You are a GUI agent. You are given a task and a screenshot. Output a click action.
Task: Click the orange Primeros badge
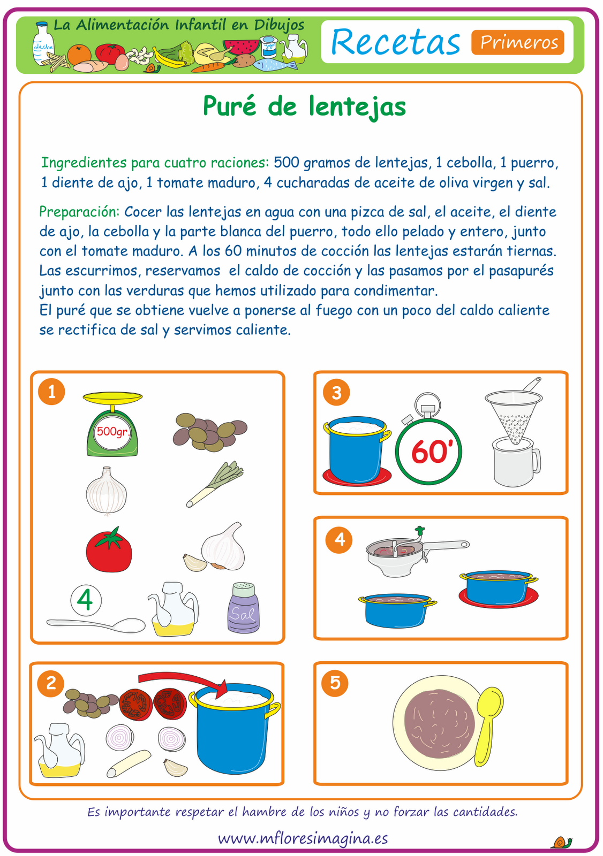coord(518,42)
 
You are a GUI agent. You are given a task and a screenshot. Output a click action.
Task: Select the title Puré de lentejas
coord(304,106)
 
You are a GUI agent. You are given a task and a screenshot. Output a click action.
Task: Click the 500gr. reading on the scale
coord(112,432)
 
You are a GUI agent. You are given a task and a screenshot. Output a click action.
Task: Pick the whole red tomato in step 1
coord(109,549)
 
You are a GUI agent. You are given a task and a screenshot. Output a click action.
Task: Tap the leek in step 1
coord(214,484)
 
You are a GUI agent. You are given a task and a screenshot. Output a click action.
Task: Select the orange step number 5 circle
coord(335,683)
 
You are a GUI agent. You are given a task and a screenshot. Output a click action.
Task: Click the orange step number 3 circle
coord(336,393)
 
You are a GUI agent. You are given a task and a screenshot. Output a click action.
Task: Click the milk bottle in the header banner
coord(42,43)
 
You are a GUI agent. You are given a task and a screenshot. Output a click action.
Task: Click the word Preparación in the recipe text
coord(80,212)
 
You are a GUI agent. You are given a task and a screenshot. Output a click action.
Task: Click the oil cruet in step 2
coord(59,750)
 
